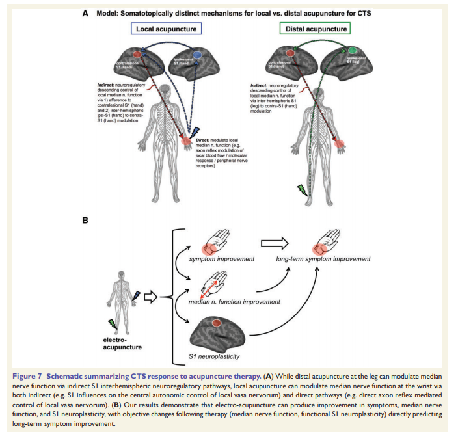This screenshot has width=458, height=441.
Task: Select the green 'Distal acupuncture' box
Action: tap(315, 29)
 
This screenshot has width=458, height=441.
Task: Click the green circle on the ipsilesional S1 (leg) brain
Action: tap(352, 50)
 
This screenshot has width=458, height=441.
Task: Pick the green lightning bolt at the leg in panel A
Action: tap(301, 191)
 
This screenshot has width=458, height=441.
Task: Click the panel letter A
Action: tap(85, 11)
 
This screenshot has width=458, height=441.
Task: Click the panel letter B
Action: tap(85, 220)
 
